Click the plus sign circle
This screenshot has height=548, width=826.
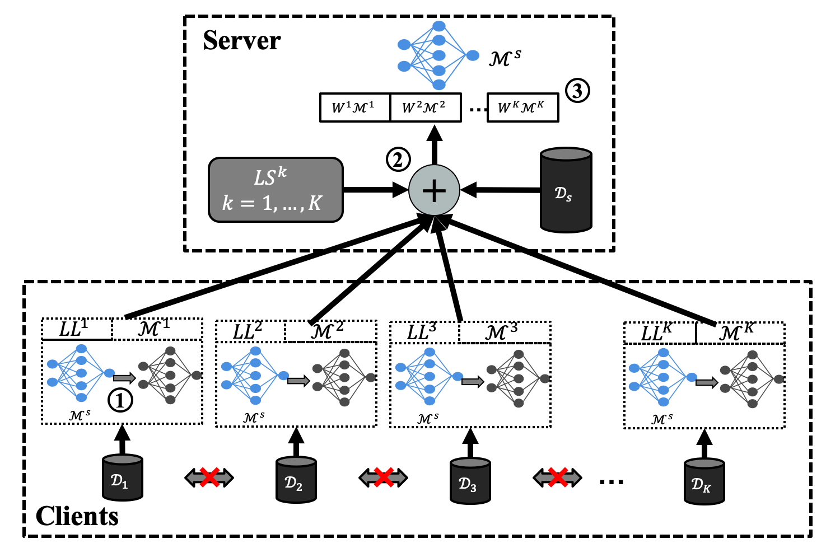[434, 190]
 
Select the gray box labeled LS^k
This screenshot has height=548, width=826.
[276, 190]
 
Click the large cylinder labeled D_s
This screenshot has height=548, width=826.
[566, 190]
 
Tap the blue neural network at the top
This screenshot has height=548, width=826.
[438, 55]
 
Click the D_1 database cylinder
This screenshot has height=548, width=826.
[122, 477]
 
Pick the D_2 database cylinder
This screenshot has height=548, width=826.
[296, 480]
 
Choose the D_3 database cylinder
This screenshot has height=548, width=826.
[470, 481]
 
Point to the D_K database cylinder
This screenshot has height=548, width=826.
[704, 481]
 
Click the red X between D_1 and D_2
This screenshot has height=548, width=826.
[209, 477]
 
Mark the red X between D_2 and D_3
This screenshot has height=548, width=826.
[384, 477]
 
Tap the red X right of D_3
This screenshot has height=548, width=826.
[558, 477]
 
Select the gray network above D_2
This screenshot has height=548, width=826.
[344, 377]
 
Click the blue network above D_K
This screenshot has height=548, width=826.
[663, 377]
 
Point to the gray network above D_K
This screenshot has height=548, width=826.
[752, 379]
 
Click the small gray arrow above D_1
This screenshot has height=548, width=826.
[124, 378]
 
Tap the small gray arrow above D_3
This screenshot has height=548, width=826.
[472, 382]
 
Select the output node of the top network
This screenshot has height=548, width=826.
[473, 55]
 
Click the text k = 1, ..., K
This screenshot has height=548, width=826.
[272, 203]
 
